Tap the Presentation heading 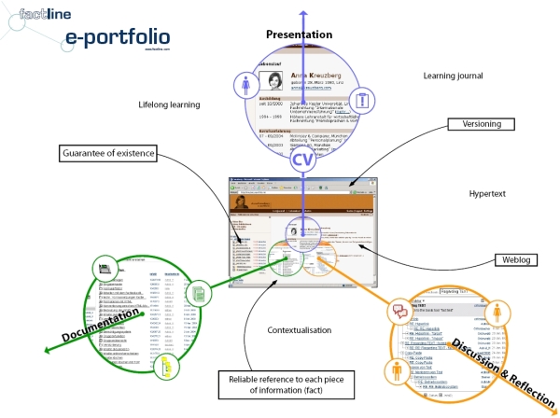tap(299, 35)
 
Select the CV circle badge tap(301, 159)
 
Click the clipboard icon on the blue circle tap(364, 98)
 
